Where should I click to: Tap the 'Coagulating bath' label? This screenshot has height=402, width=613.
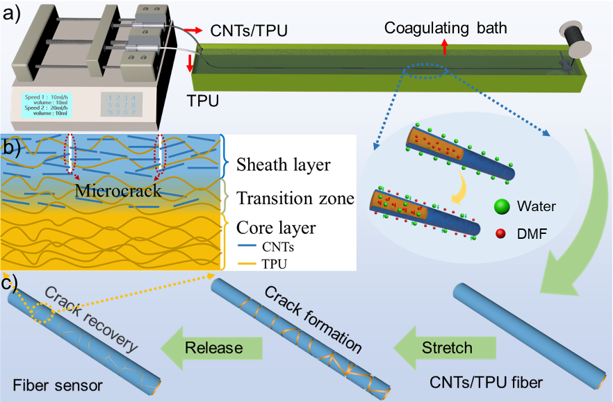point(446,28)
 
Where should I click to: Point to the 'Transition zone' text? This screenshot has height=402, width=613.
point(295,199)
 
